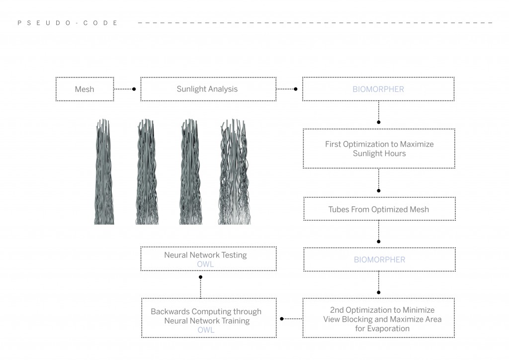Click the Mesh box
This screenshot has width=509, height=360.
[85, 90]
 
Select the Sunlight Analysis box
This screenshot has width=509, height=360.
[207, 90]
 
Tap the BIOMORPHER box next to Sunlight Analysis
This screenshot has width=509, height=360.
[378, 90]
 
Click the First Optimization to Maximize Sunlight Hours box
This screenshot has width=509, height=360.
[379, 149]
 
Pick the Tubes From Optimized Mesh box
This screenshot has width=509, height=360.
[379, 209]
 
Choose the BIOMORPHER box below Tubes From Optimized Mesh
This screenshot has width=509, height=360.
[379, 260]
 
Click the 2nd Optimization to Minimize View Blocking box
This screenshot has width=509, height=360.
[379, 318]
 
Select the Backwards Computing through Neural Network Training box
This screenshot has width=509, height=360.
[206, 318]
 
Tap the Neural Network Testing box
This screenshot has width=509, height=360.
[206, 259]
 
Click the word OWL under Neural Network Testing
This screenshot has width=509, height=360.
[205, 265]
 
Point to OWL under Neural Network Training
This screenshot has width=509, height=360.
[206, 330]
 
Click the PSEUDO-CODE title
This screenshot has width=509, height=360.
[68, 23]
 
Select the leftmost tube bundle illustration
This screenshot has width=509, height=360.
[104, 172]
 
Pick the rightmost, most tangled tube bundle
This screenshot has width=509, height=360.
[234, 172]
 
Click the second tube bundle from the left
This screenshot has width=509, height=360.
[147, 172]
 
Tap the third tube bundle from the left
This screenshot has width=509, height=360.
[191, 172]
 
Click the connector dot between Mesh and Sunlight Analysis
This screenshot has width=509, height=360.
[134, 90]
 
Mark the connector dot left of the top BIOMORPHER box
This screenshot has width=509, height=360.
[296, 90]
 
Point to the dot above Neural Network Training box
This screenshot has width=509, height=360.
[200, 277]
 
